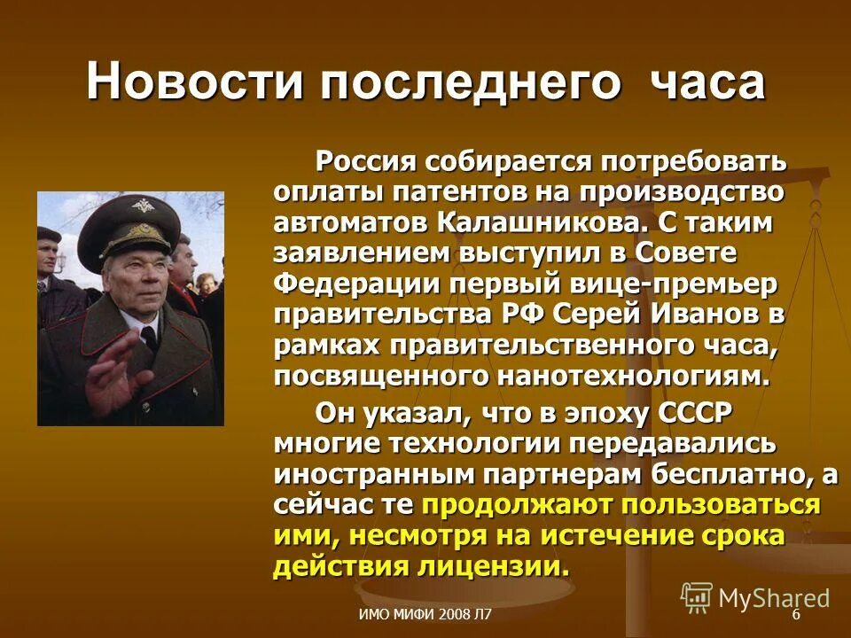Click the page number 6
point(795,615)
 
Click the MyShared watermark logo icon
point(697,596)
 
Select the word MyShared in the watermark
point(774,598)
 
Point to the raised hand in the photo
point(114,371)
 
